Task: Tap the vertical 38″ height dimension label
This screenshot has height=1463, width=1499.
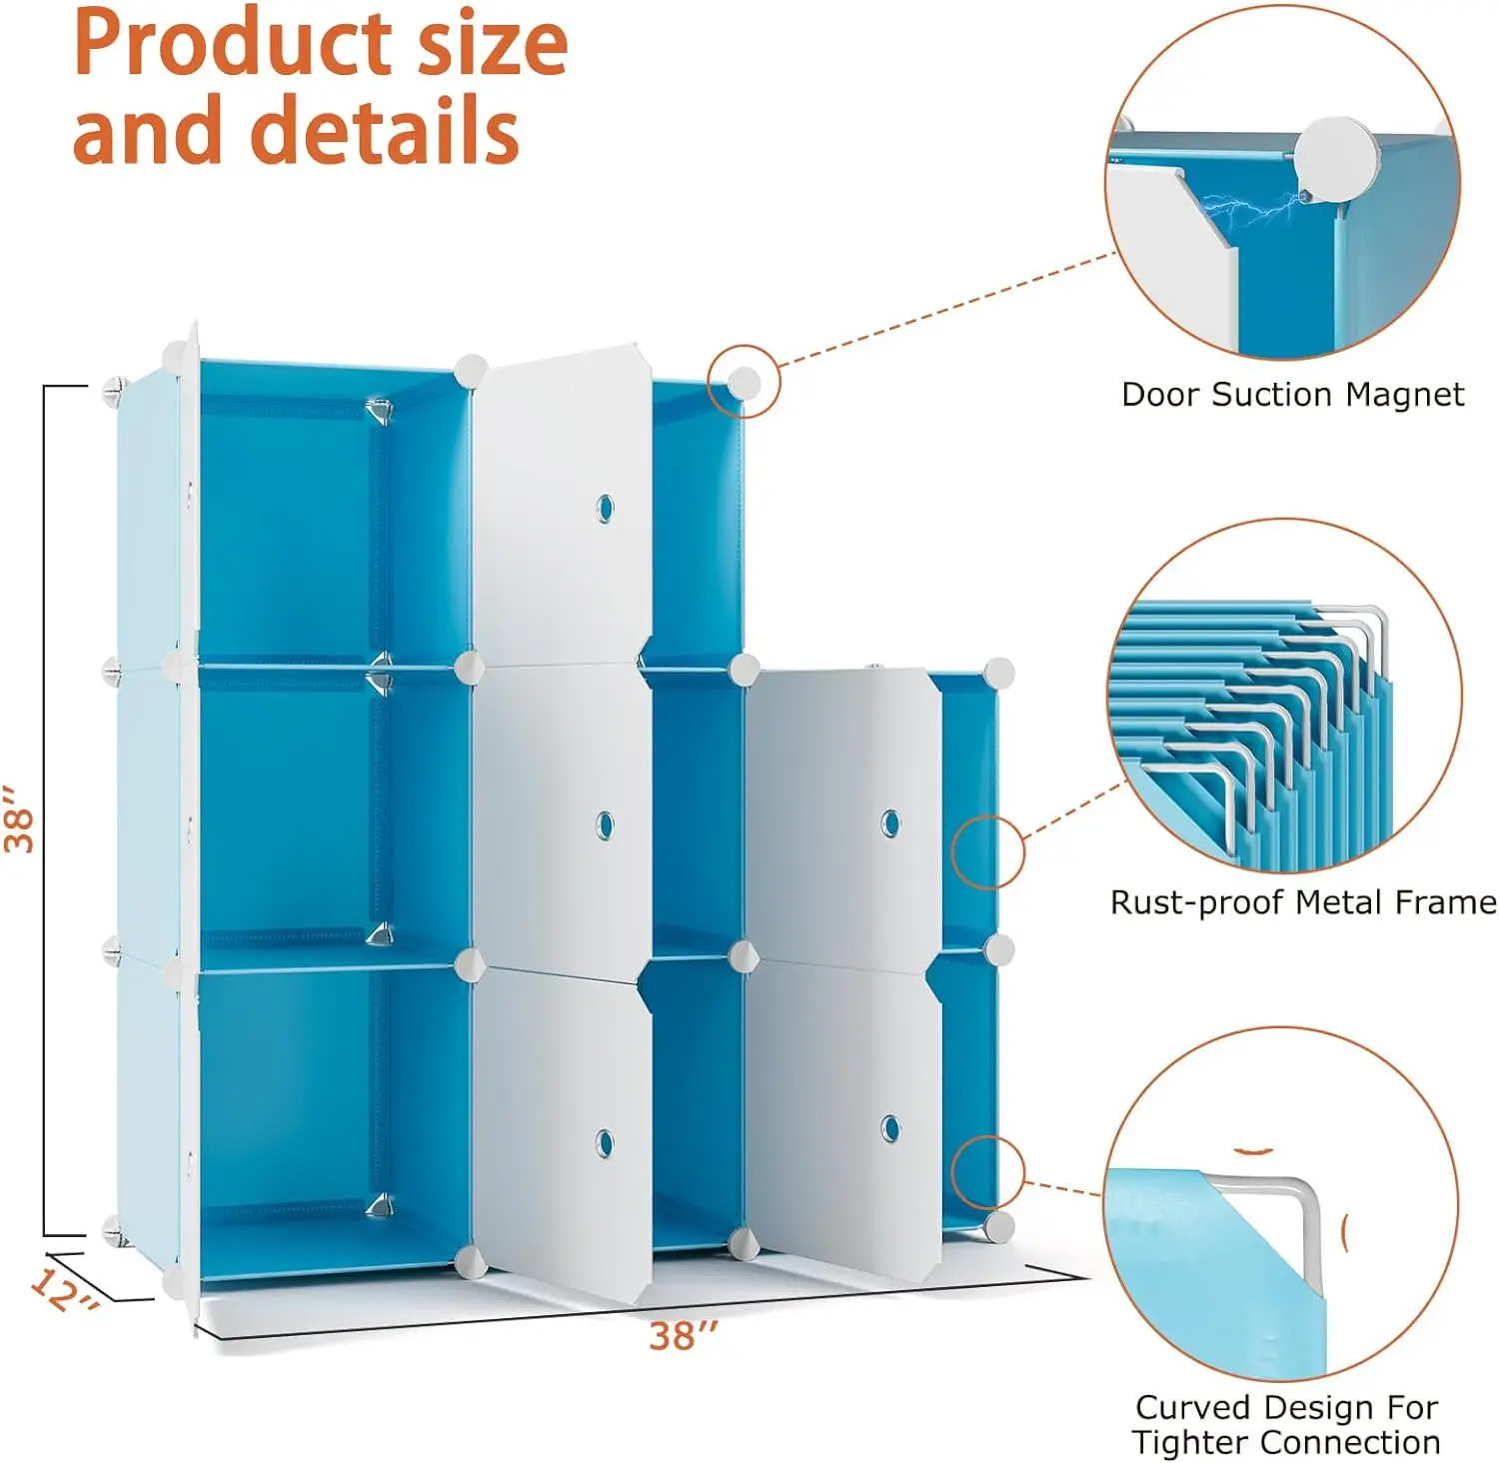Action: (20, 817)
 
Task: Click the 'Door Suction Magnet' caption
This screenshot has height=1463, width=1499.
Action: (1292, 395)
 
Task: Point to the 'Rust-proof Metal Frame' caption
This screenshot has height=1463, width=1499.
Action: (1303, 902)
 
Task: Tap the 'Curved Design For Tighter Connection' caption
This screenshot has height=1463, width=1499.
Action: (1286, 1424)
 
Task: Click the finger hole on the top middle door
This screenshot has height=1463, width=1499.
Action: (604, 509)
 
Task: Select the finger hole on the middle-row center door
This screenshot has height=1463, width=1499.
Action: (604, 825)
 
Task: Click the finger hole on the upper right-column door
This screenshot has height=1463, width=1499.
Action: (889, 824)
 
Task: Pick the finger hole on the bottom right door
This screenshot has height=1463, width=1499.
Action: (889, 1128)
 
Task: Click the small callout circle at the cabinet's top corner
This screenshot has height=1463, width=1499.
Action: (743, 382)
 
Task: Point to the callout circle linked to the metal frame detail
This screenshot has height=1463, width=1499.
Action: (987, 851)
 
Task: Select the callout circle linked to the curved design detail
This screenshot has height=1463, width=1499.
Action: (987, 1171)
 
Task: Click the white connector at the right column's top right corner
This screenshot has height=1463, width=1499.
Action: (998, 673)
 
